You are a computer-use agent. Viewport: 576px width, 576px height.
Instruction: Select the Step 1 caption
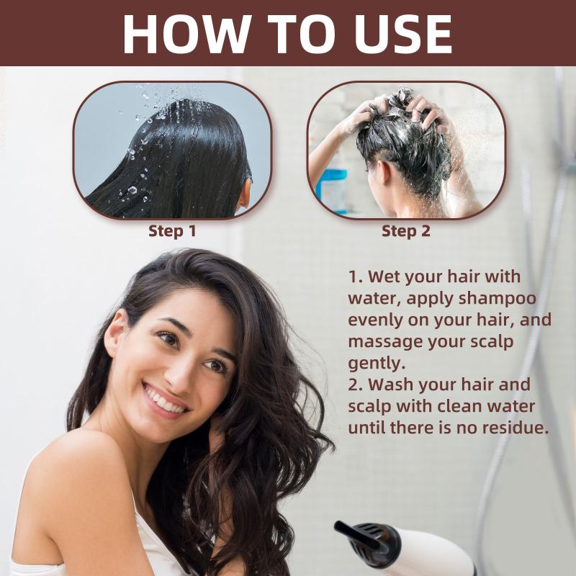172,231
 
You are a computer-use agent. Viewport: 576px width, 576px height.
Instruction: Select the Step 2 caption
405,231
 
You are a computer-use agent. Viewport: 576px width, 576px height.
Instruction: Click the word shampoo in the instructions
497,300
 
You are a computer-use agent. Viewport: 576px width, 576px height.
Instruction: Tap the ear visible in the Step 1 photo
244,194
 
